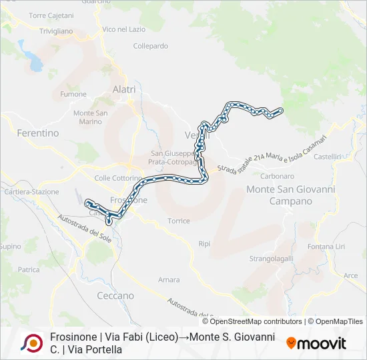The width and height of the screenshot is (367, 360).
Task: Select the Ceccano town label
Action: (115, 295)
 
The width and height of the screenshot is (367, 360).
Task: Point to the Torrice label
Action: (179, 221)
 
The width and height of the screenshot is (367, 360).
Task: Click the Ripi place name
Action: (204, 244)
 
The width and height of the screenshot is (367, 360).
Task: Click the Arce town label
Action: (350, 275)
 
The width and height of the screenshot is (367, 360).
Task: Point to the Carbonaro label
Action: (278, 176)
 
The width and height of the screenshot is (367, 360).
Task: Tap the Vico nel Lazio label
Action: (123, 30)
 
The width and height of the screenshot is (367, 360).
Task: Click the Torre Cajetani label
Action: (50, 15)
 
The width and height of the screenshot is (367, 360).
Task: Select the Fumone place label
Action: (73, 95)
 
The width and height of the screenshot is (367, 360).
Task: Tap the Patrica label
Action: (29, 270)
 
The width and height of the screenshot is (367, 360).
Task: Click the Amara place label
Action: (169, 280)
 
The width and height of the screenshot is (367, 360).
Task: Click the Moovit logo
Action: (316, 343)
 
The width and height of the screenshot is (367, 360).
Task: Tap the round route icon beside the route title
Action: (31, 343)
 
